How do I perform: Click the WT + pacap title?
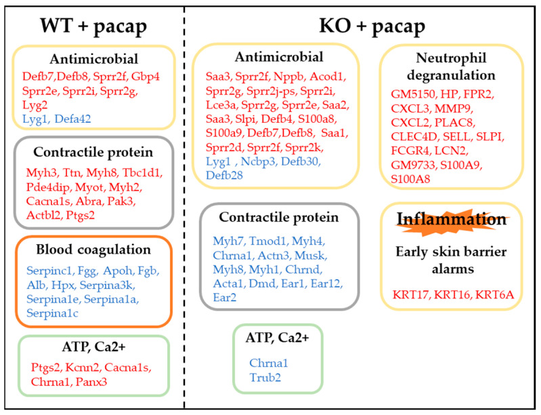pos(93,26)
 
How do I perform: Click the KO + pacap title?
pos(372,26)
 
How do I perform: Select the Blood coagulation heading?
pos(93,250)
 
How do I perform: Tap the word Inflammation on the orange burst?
pos(452,219)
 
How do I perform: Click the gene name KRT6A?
pos(495,295)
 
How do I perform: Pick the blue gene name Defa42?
pos(73,119)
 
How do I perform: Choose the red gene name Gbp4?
pos(146,77)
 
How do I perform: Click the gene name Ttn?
pos(72,172)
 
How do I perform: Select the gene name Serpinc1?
pos(50,271)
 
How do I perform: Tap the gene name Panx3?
pos(91,382)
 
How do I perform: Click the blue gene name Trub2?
pos(265,377)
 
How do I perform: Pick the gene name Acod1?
pos(328,77)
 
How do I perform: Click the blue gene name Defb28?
pos(224,176)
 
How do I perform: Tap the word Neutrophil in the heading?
pos(452,58)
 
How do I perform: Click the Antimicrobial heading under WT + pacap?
pos(94,59)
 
